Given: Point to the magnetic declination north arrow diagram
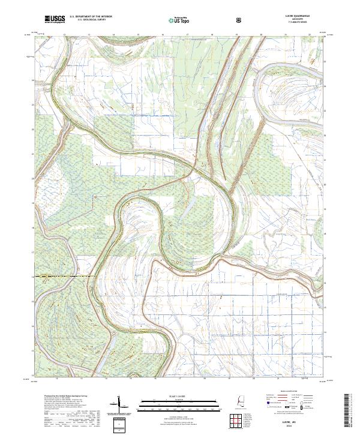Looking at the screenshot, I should [119, 405].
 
